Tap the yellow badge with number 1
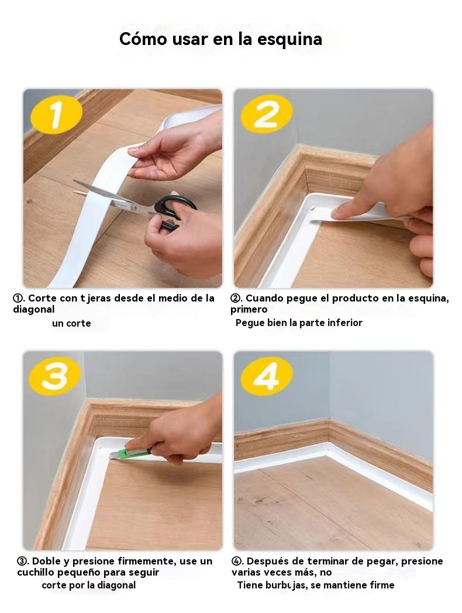pos(57,114)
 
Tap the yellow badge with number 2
pos(267,113)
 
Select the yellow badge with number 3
pos(55,376)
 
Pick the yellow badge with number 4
pos(267,376)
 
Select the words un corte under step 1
pos(71,323)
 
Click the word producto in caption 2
pos(356,298)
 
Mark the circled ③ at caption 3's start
pos(22,562)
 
